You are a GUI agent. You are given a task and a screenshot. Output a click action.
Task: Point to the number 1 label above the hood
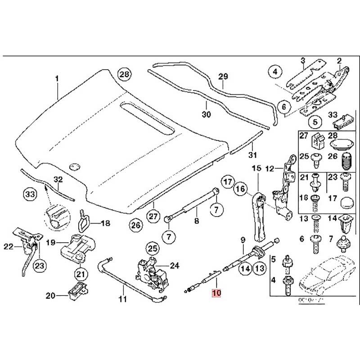pyautogui.click(x=57, y=79)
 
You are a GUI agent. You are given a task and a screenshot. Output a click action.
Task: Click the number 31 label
pyautogui.click(x=252, y=155)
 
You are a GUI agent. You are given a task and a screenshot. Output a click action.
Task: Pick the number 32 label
pyautogui.click(x=58, y=180)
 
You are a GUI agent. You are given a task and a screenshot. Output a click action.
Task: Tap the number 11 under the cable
pyautogui.click(x=123, y=297)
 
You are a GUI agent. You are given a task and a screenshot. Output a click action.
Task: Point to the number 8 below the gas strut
pyautogui.click(x=196, y=221)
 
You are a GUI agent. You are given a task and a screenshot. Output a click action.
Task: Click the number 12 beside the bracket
pyautogui.click(x=269, y=169)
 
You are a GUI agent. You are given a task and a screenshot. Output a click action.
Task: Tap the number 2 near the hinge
pyautogui.click(x=339, y=61)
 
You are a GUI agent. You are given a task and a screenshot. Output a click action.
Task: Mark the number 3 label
pyautogui.click(x=303, y=60)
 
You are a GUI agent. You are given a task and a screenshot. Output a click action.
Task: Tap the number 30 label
pyautogui.click(x=206, y=114)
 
